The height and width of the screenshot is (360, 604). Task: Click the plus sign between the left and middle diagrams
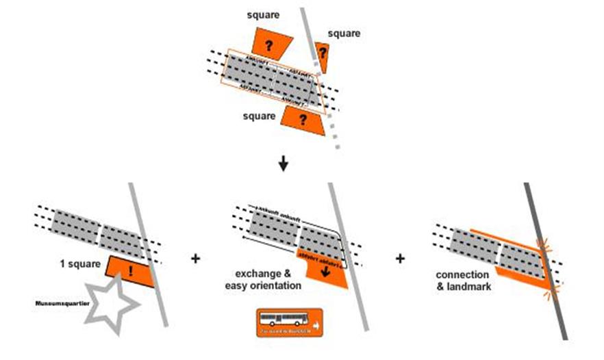(x=195, y=259)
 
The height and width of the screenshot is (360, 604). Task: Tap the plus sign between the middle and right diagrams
(x=400, y=259)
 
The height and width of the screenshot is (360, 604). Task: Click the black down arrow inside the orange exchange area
(x=324, y=268)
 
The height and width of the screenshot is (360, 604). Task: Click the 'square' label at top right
(x=343, y=33)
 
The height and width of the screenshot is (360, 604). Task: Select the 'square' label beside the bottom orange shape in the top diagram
(x=260, y=116)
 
